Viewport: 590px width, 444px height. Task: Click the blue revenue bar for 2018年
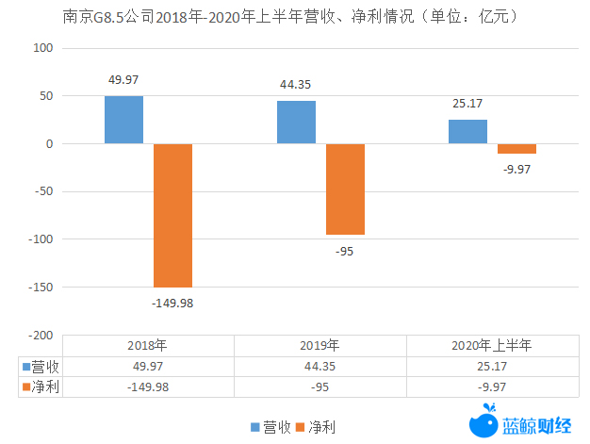click(x=123, y=120)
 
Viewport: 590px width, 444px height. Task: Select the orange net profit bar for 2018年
click(x=172, y=215)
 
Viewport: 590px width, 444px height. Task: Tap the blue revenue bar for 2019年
click(x=296, y=123)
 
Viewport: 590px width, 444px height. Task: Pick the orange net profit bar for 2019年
click(x=345, y=189)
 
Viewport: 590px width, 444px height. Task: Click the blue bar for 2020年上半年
click(x=467, y=132)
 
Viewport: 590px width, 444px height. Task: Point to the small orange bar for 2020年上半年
click(x=516, y=149)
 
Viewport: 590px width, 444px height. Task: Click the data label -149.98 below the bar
click(x=172, y=303)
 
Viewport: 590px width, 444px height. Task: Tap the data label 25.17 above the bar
click(x=468, y=104)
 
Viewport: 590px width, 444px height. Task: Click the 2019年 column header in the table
click(x=320, y=345)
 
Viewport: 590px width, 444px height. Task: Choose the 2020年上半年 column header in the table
click(x=492, y=345)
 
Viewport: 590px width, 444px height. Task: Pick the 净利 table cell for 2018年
click(x=150, y=386)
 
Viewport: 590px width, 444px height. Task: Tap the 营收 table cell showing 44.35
click(x=320, y=365)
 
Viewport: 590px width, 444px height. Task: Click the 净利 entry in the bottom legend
click(x=316, y=427)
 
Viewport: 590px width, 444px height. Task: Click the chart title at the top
click(x=295, y=17)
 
